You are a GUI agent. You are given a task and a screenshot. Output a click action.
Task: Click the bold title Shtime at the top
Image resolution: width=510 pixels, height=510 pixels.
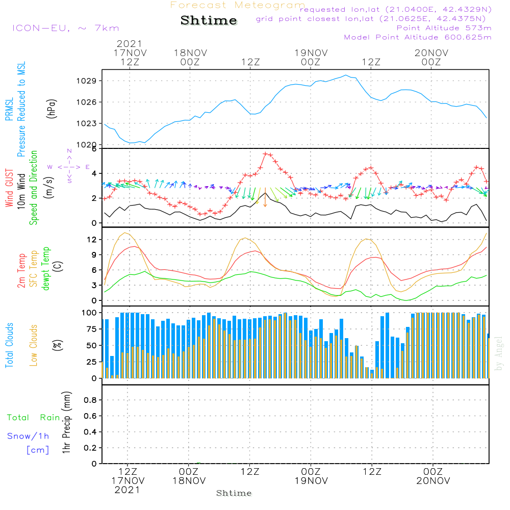pos(209,20)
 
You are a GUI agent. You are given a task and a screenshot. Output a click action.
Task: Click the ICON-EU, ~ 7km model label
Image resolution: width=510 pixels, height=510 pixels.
pos(65,28)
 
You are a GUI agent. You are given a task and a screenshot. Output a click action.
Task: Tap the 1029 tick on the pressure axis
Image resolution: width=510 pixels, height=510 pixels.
pos(87,81)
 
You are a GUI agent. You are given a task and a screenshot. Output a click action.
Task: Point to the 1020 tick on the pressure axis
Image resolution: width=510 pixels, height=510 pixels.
pos(87,145)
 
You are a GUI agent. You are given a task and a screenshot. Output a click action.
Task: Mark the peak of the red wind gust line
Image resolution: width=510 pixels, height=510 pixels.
pos(266,154)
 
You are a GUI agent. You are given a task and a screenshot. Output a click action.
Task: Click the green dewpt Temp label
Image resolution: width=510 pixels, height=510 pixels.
pos(46,268)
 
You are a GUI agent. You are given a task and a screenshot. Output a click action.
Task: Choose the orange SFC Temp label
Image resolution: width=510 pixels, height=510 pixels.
pos(34,268)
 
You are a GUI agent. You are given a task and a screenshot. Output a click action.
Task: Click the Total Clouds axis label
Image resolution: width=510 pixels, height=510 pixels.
pos(9,345)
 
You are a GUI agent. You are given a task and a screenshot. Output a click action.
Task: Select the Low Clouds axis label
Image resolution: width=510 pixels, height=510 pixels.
pos(34,345)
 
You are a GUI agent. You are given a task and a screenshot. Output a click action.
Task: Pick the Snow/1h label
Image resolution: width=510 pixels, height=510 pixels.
pos(29,436)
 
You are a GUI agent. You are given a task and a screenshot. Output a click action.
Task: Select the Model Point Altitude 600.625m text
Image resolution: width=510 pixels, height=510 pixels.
pos(418,37)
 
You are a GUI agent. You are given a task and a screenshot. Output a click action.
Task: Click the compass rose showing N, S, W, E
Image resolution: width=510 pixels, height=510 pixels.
pos(69,167)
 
